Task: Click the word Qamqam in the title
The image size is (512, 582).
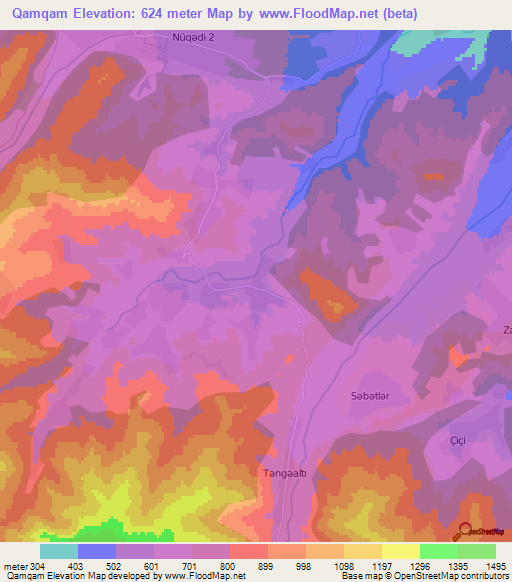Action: click(x=43, y=14)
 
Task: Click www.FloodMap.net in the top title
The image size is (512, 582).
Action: click(x=323, y=14)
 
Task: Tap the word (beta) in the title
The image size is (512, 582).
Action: click(x=395, y=14)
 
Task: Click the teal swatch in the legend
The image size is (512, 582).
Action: click(x=59, y=551)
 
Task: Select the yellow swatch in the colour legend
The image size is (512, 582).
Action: click(x=401, y=551)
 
